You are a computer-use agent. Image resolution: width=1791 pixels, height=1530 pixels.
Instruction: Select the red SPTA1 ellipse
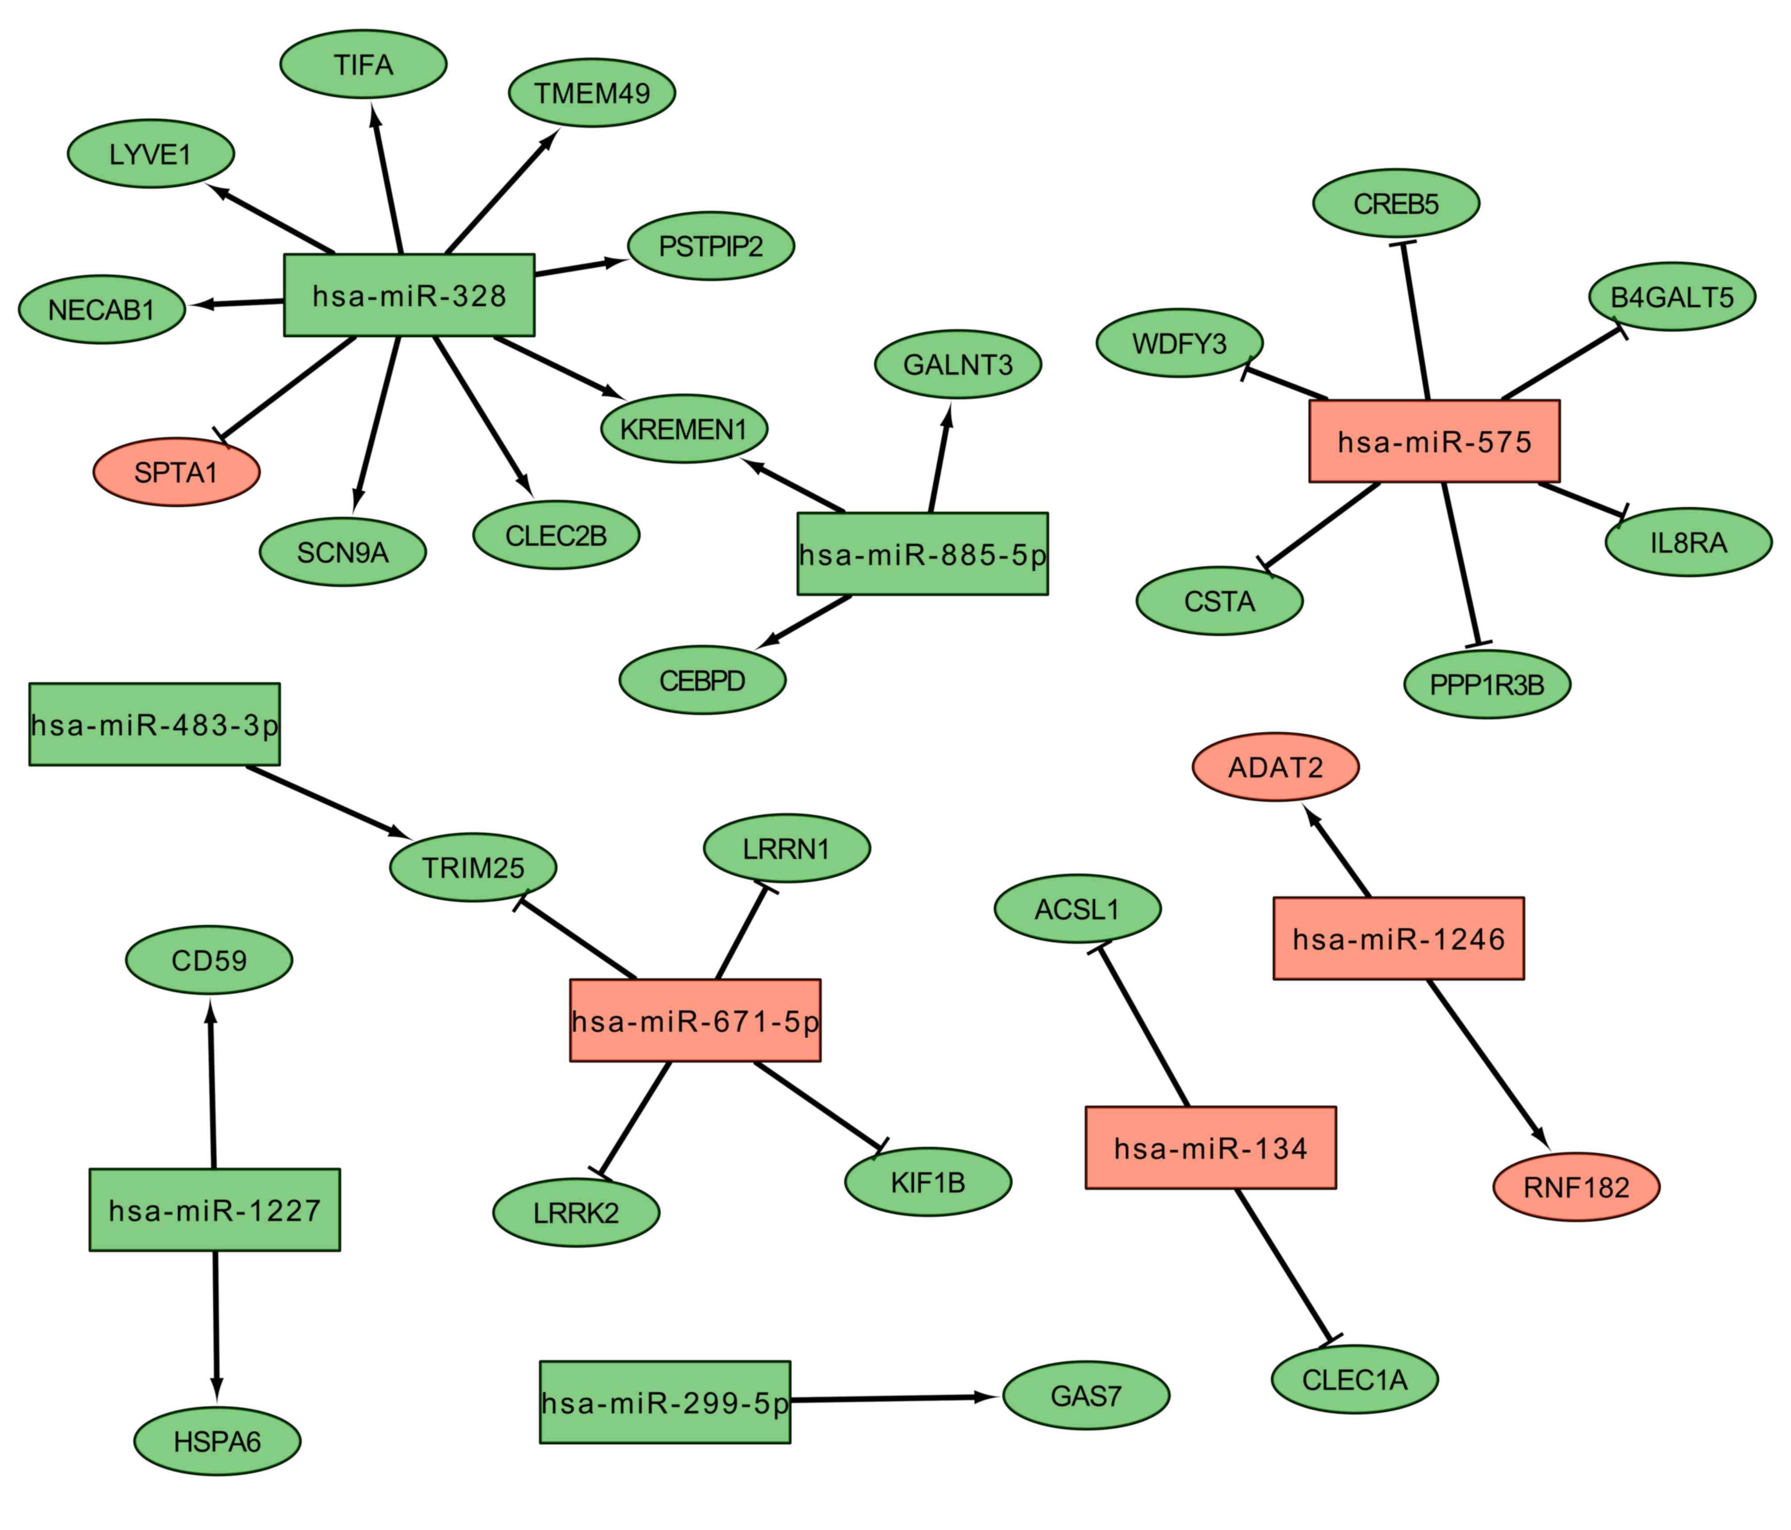point(176,472)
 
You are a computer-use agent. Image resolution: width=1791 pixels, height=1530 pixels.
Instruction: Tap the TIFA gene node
point(363,64)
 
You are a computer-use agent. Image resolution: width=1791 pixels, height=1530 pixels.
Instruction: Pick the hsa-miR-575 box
point(1434,441)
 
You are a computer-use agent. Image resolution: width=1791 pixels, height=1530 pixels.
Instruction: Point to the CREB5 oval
point(1396,203)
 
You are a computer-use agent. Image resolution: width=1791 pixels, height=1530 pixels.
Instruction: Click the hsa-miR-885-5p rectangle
point(922,554)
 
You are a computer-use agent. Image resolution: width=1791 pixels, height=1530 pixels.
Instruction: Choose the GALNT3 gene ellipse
point(958,364)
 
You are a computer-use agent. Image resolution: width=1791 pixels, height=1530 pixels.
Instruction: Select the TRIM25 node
point(473,867)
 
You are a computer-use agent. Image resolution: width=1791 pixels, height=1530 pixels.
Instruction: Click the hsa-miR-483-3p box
point(155,724)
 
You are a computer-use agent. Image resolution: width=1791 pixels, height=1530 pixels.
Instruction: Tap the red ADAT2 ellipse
point(1275,767)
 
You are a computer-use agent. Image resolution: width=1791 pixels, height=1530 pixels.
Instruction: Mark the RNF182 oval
point(1576,1187)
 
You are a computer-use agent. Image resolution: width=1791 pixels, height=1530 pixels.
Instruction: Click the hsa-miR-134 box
point(1210,1148)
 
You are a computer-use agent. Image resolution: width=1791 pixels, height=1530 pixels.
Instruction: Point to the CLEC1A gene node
point(1354,1380)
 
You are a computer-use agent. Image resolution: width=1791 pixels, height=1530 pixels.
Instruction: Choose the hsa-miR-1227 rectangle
point(215,1210)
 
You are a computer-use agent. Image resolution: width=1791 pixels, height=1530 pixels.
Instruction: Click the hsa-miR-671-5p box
point(695,1021)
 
